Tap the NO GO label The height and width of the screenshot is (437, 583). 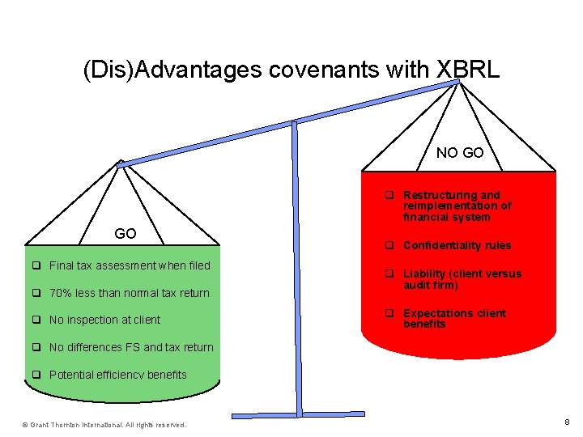click(460, 152)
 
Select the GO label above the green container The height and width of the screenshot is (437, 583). click(126, 234)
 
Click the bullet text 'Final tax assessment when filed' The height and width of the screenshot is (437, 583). click(130, 265)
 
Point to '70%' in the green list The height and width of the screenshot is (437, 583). click(61, 293)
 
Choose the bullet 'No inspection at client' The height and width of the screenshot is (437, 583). click(104, 320)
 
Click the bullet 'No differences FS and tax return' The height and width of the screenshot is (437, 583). click(131, 347)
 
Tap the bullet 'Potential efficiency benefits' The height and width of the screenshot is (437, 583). click(117, 375)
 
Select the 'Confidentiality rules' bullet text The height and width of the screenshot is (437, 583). click(457, 245)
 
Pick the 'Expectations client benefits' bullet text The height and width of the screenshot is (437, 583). click(453, 318)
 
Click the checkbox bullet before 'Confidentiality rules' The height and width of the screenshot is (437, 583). click(389, 245)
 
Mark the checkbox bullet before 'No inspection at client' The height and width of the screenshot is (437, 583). click(36, 320)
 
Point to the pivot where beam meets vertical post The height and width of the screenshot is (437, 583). click(295, 125)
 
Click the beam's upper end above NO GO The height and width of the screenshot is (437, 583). click(459, 81)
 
